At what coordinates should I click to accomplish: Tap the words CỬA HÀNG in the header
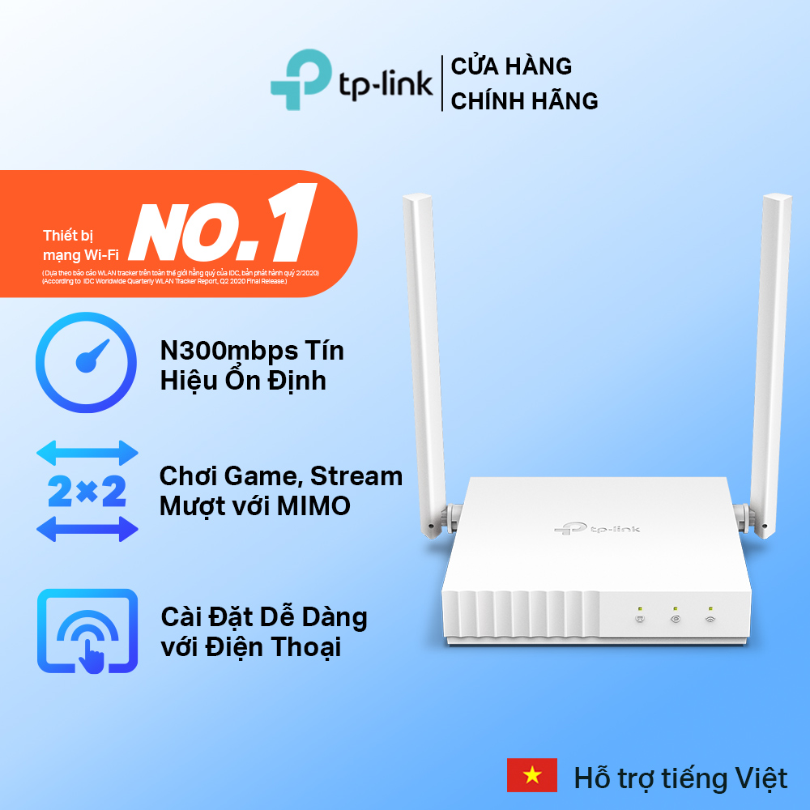[x=511, y=66]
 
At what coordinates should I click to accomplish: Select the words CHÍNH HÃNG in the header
[x=524, y=101]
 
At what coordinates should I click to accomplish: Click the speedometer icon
[x=87, y=364]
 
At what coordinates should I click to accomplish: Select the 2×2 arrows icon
[x=87, y=491]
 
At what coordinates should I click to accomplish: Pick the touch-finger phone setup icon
[x=87, y=631]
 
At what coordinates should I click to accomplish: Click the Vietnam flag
[x=531, y=776]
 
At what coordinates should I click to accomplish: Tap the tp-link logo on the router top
[x=597, y=529]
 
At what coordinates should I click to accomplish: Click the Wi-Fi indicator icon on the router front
[x=710, y=620]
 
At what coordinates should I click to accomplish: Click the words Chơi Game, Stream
[x=280, y=476]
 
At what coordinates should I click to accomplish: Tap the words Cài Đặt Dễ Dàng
[x=263, y=617]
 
